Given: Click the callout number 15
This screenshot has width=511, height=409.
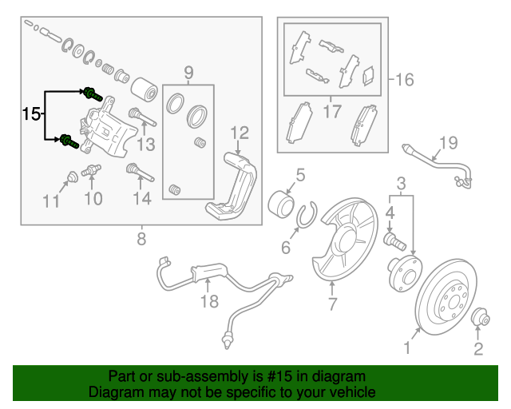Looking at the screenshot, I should click(30, 114).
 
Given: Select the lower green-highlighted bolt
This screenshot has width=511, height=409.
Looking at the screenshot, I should click(68, 143).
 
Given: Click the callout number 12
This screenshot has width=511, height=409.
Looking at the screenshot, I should click(240, 133).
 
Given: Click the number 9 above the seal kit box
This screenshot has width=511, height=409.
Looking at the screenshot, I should click(188, 74).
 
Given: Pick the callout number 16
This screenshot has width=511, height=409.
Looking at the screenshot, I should click(405, 79).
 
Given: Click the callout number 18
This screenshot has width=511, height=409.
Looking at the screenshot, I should click(208, 301).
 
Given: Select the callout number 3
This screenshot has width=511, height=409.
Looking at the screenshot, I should click(402, 183).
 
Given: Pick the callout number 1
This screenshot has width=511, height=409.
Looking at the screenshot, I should click(407, 347).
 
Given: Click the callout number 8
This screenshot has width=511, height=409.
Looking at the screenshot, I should click(141, 239).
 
